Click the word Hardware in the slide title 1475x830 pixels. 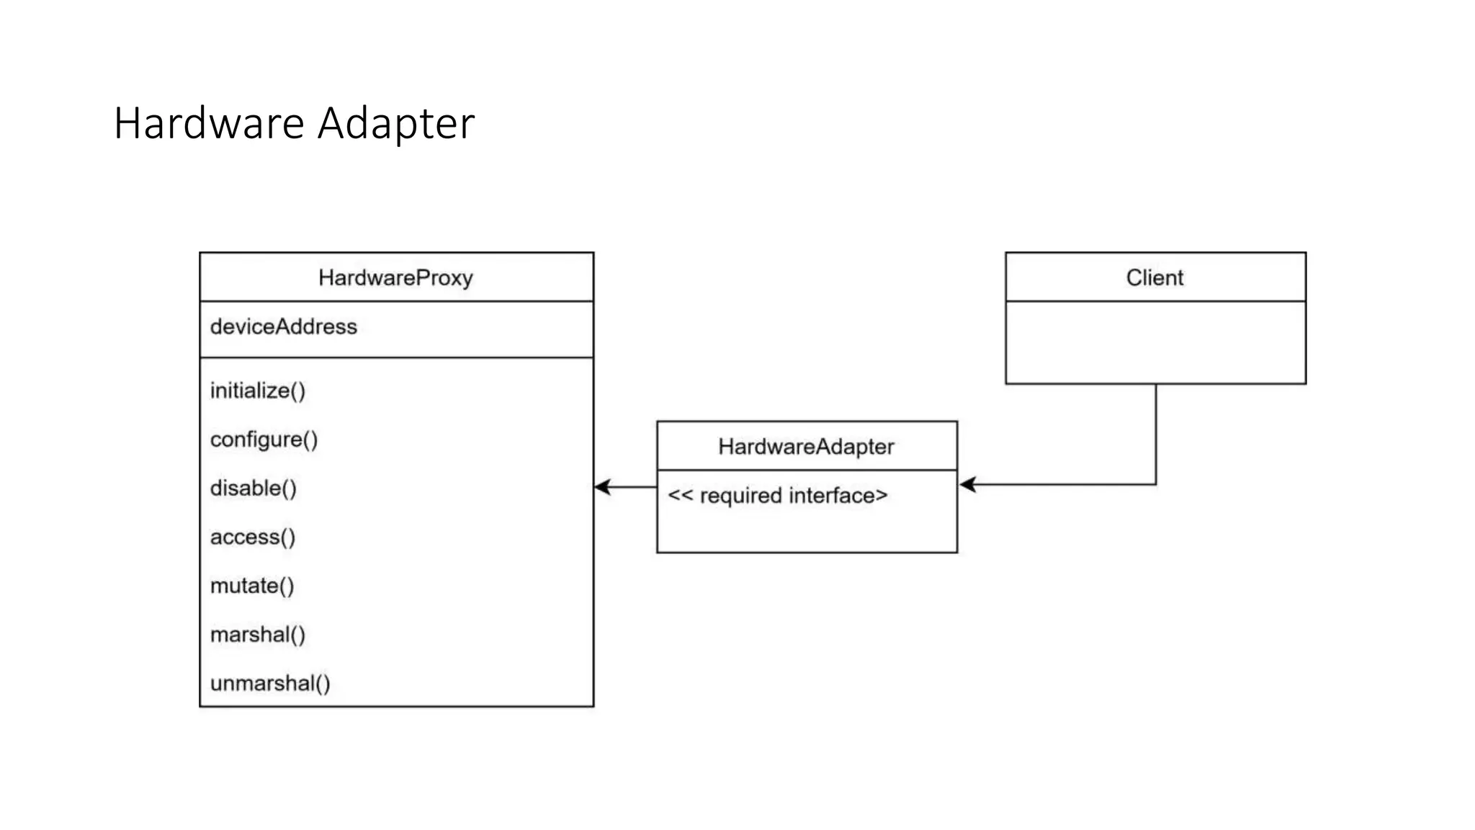coord(209,123)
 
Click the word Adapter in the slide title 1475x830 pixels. coord(396,123)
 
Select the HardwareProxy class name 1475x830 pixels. coord(395,278)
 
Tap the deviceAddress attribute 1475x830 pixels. coord(283,327)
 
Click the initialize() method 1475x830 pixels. coord(257,391)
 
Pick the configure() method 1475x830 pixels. coord(264,439)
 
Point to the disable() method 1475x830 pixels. coord(253,488)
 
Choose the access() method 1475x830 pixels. coord(252,537)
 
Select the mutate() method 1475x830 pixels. coord(251,586)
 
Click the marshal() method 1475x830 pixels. coord(257,635)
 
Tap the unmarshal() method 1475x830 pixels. coord(269,684)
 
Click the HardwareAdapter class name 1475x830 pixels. coord(806,447)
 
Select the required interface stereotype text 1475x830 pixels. coord(777,496)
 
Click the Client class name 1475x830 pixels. coord(1155,278)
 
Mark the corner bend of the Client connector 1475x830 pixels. coord(1156,485)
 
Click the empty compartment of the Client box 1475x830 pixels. coord(1155,343)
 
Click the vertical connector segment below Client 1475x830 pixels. coord(1156,432)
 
